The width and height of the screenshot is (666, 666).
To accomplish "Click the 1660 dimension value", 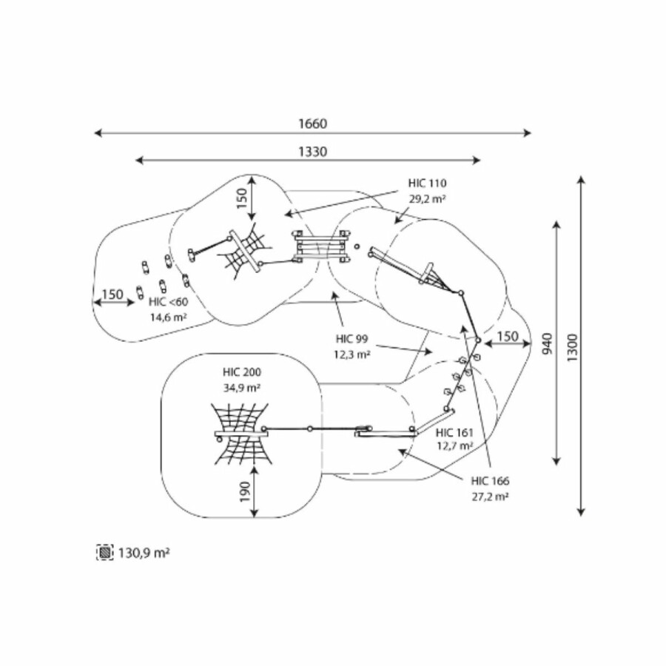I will click(x=312, y=124).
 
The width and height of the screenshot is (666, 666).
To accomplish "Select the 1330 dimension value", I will click(x=312, y=151).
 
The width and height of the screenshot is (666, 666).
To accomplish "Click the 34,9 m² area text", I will click(x=243, y=387).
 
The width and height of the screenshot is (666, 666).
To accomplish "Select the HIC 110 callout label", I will click(x=427, y=183).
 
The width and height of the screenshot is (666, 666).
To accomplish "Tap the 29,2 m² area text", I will click(x=427, y=198).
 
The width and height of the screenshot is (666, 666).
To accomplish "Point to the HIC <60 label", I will click(x=168, y=301).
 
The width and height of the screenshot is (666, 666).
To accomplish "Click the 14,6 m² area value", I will click(x=168, y=317).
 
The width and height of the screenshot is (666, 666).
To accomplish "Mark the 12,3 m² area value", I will click(x=351, y=354).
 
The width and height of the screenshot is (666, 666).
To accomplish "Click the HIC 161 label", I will click(x=454, y=432).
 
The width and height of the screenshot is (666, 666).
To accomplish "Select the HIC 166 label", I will click(x=490, y=481).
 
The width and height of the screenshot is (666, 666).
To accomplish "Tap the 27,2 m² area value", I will click(x=490, y=497).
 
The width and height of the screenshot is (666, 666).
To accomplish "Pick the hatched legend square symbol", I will click(x=105, y=552).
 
